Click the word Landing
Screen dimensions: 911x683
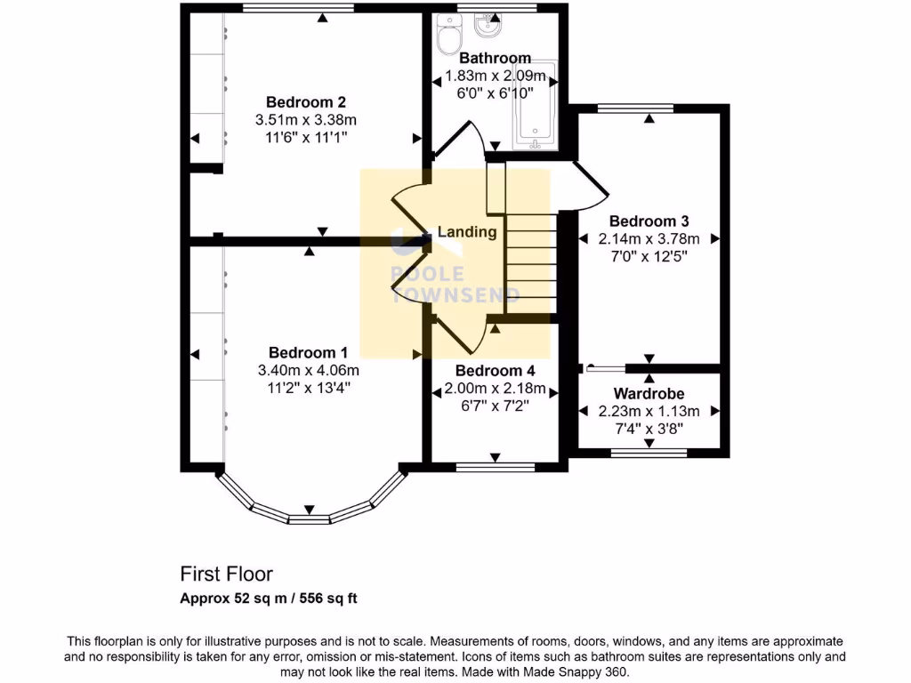466,232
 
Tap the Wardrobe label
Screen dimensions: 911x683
649,393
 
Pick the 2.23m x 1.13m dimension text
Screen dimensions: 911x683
649,411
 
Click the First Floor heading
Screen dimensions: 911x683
227,574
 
